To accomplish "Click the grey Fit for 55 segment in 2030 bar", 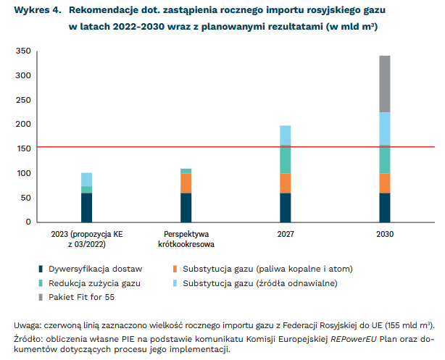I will pos(384,83).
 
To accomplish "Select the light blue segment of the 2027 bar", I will pos(286,135).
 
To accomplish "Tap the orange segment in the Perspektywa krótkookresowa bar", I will pos(186,183).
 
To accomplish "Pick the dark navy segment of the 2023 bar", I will pos(86,207).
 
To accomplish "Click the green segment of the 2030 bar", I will pos(384,159).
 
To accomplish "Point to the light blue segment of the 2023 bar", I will pos(86,179).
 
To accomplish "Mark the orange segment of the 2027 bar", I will pos(286,183).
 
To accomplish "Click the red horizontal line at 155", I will pos(217,146).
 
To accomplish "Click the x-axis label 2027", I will pos(286,235).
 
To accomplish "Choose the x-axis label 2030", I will pos(384,235).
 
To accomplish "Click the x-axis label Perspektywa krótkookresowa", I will pos(186,240).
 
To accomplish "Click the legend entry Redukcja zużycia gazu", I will pos(94,282).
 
